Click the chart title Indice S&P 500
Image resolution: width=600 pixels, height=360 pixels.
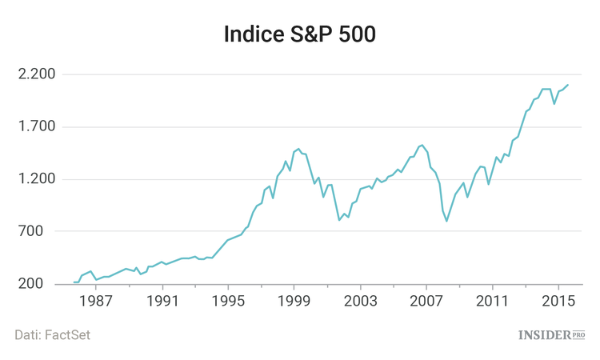299,35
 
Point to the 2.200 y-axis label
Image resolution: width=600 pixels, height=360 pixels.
36,74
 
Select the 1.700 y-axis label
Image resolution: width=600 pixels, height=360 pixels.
36,127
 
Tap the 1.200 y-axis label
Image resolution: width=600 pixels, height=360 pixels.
36,179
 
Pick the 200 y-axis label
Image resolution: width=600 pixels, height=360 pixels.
42,285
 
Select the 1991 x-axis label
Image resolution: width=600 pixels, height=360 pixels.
162,301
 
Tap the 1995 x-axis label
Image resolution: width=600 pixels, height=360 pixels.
228,301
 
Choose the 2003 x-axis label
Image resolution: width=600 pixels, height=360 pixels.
360,301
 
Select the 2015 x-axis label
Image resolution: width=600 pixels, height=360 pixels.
557,301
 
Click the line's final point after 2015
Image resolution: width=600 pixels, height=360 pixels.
568,85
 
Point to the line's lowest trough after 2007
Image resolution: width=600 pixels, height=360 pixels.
447,220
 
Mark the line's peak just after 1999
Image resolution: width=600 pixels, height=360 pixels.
298,149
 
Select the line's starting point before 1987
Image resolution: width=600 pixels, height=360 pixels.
74,282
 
